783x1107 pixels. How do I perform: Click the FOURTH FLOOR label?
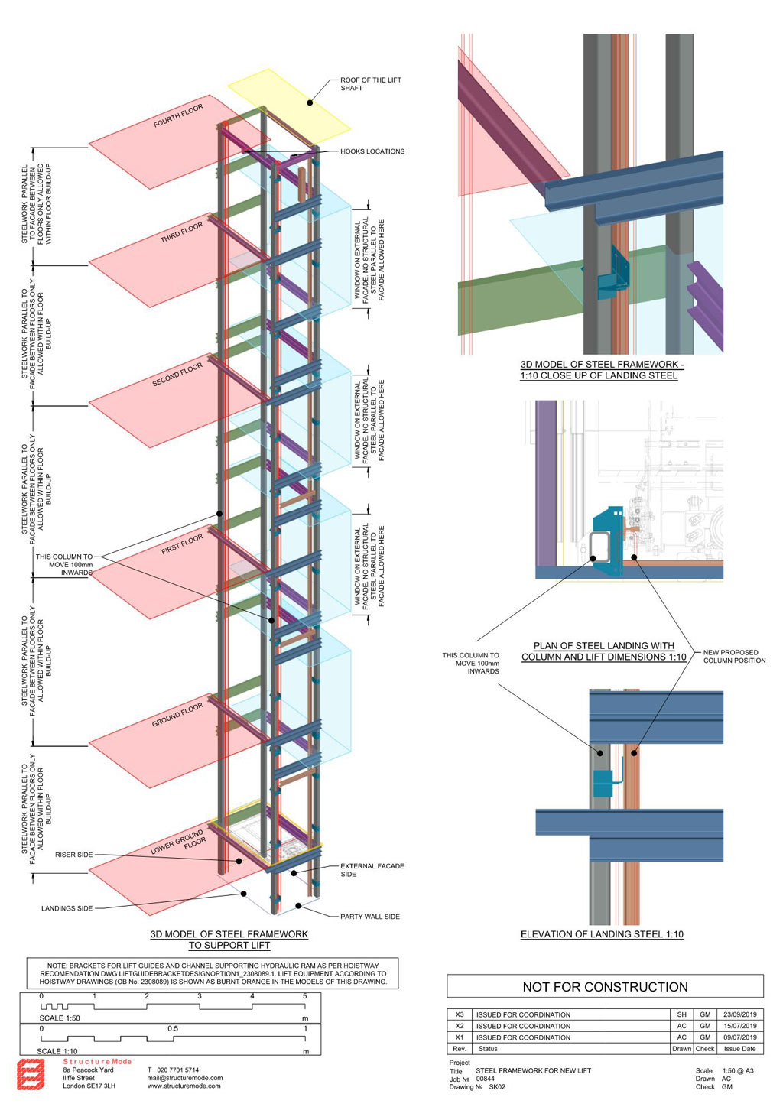pos(178,115)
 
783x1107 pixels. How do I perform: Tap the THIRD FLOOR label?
pos(181,232)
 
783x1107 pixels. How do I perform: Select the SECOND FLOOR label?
pos(177,374)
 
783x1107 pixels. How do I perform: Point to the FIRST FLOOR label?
pos(182,544)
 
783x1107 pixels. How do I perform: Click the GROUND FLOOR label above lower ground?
pos(177,715)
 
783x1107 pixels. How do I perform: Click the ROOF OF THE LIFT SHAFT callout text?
pos(371,83)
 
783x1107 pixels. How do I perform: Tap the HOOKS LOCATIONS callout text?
pos(372,151)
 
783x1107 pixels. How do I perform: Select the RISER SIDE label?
pos(73,855)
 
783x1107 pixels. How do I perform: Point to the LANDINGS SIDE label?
pos(67,907)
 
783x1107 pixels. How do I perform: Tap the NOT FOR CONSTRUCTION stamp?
pos(605,987)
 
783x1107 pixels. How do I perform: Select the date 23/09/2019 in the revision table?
pos(740,1014)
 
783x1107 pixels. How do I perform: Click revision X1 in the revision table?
pos(460,1037)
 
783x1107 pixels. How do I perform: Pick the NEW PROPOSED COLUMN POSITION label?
pos(734,656)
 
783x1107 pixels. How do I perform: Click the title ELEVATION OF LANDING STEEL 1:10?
pos(602,934)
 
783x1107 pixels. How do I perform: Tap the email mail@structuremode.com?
pos(185,1078)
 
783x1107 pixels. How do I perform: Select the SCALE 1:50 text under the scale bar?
pos(60,1018)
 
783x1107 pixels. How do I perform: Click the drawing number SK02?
pos(497,1086)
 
